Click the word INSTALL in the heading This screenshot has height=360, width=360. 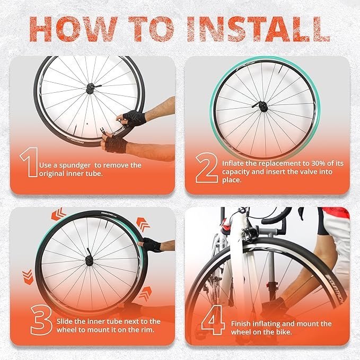point(259,29)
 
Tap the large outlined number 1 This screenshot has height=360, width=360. point(30,162)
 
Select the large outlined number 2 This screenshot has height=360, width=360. point(207,168)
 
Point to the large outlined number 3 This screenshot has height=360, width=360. point(41,320)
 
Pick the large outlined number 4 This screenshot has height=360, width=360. point(213,320)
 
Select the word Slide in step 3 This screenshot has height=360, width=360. point(65,321)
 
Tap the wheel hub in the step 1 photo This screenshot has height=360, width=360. point(90,89)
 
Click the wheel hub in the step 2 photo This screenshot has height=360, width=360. point(264,107)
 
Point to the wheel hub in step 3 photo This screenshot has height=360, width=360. point(89,260)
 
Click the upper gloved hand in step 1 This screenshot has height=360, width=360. point(134,118)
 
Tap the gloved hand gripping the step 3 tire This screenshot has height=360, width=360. point(152,244)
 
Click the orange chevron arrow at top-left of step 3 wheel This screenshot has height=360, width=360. point(58,214)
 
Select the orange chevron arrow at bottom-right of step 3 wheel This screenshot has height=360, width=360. point(145,294)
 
